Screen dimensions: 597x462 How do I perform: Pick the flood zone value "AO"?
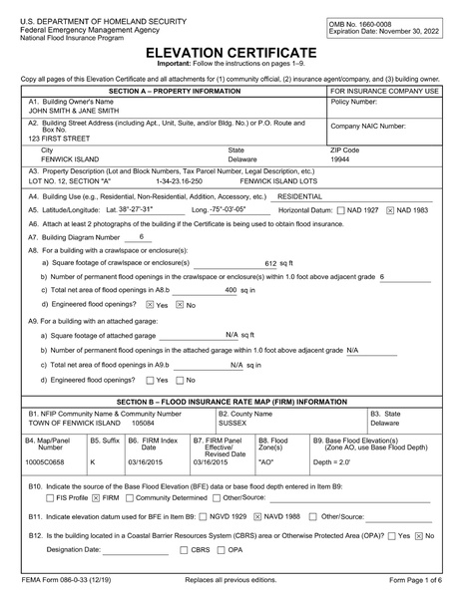266,462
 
